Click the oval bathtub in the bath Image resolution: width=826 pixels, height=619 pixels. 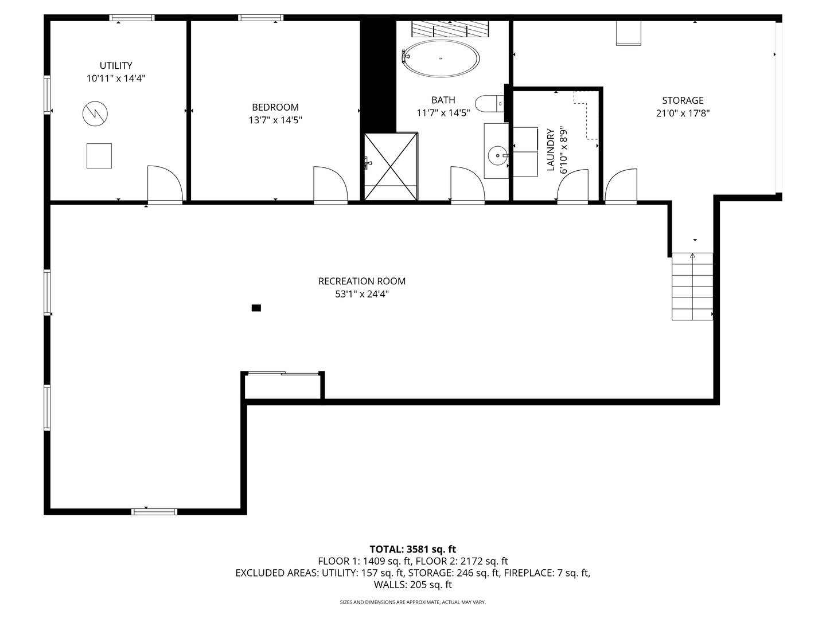[x=441, y=58]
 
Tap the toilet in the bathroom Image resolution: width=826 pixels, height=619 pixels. [x=489, y=103]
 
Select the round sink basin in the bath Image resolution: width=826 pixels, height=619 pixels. [x=498, y=155]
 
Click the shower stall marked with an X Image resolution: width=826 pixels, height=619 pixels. [x=391, y=166]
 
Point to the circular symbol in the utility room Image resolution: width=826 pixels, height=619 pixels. [x=95, y=113]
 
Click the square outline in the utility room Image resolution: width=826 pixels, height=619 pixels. [x=99, y=155]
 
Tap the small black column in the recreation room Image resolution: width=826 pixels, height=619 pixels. [x=256, y=308]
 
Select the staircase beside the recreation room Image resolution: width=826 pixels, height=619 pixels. [x=692, y=287]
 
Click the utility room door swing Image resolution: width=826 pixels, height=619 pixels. [x=165, y=184]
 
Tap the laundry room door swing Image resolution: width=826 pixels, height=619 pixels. [x=572, y=186]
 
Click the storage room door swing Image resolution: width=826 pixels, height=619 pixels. [x=621, y=186]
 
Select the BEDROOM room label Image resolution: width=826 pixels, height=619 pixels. [x=275, y=108]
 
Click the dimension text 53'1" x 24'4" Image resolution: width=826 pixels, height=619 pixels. [x=362, y=294]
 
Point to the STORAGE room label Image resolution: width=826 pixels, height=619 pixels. [x=683, y=100]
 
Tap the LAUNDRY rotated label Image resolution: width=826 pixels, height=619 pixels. [x=551, y=150]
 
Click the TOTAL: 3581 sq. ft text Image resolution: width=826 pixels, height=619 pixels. [x=413, y=549]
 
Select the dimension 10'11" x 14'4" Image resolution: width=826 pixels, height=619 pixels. [x=116, y=79]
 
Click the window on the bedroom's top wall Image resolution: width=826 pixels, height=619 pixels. [x=260, y=18]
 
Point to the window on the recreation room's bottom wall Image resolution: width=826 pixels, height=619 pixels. [x=154, y=511]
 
